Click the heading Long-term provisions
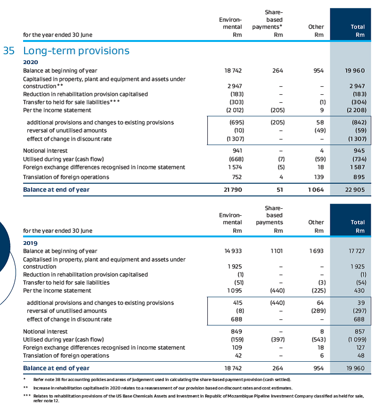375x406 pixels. pyautogui.click(x=76, y=51)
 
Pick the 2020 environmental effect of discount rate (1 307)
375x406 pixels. pyautogui.click(x=233, y=139)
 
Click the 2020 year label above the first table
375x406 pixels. pyautogui.click(x=31, y=62)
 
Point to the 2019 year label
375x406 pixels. pyautogui.click(x=31, y=243)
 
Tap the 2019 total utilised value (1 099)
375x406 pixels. pyautogui.click(x=356, y=339)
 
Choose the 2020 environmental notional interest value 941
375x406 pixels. pyautogui.click(x=237, y=151)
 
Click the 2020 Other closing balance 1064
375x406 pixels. pyautogui.click(x=316, y=189)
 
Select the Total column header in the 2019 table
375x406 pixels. pyautogui.click(x=358, y=226)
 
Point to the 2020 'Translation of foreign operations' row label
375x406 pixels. pyautogui.click(x=66, y=177)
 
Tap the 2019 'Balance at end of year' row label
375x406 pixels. pyautogui.click(x=56, y=368)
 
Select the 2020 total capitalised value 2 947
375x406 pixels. pyautogui.click(x=357, y=86)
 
